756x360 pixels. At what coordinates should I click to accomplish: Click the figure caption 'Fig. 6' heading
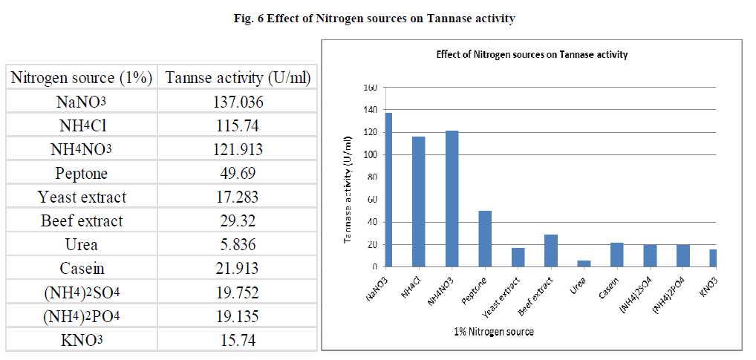(x=378, y=19)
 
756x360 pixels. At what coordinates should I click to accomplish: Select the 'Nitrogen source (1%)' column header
(x=81, y=78)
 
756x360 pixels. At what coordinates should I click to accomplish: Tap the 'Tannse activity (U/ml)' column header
(x=238, y=78)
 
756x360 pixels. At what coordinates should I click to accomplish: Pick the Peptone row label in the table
(x=81, y=174)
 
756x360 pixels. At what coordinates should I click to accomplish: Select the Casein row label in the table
(x=81, y=269)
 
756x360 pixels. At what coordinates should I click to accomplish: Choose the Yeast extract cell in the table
(x=82, y=197)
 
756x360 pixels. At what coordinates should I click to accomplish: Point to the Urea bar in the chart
(x=584, y=264)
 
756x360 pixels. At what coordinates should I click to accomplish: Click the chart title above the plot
(x=531, y=54)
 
